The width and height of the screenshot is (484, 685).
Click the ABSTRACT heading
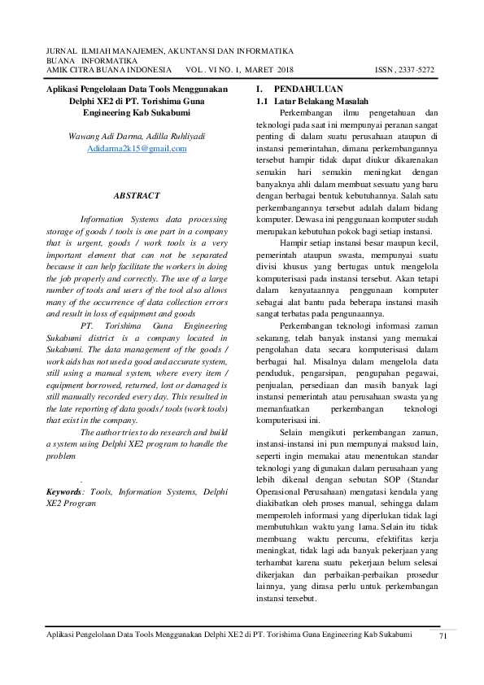pyautogui.click(x=137, y=196)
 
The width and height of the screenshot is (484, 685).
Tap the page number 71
pyautogui.click(x=443, y=635)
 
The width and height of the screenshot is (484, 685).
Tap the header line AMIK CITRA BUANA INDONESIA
pyautogui.click(x=108, y=70)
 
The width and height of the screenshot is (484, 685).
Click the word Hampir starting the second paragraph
pyautogui.click(x=294, y=242)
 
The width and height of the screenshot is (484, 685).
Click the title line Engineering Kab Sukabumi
pyautogui.click(x=137, y=112)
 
